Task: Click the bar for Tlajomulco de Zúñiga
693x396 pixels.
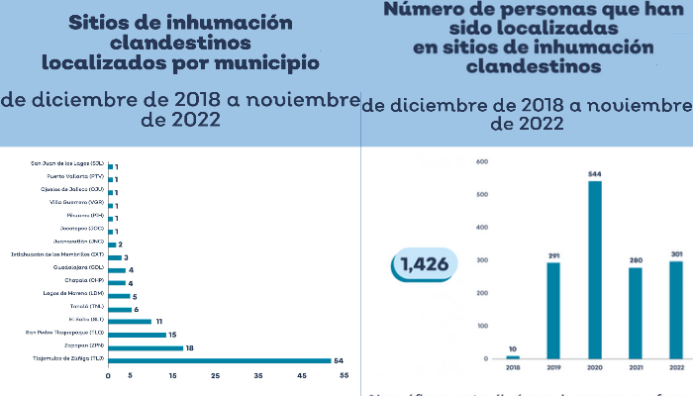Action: tap(219, 361)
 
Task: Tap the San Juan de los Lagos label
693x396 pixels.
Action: tap(67, 164)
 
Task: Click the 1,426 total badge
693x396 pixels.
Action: tap(426, 264)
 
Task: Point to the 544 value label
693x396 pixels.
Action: tap(594, 174)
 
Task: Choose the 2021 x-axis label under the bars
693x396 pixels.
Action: tap(635, 366)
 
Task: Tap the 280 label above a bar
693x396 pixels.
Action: tap(635, 260)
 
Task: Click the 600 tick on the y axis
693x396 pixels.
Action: tap(483, 161)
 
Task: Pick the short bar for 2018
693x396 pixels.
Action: tap(513, 356)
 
